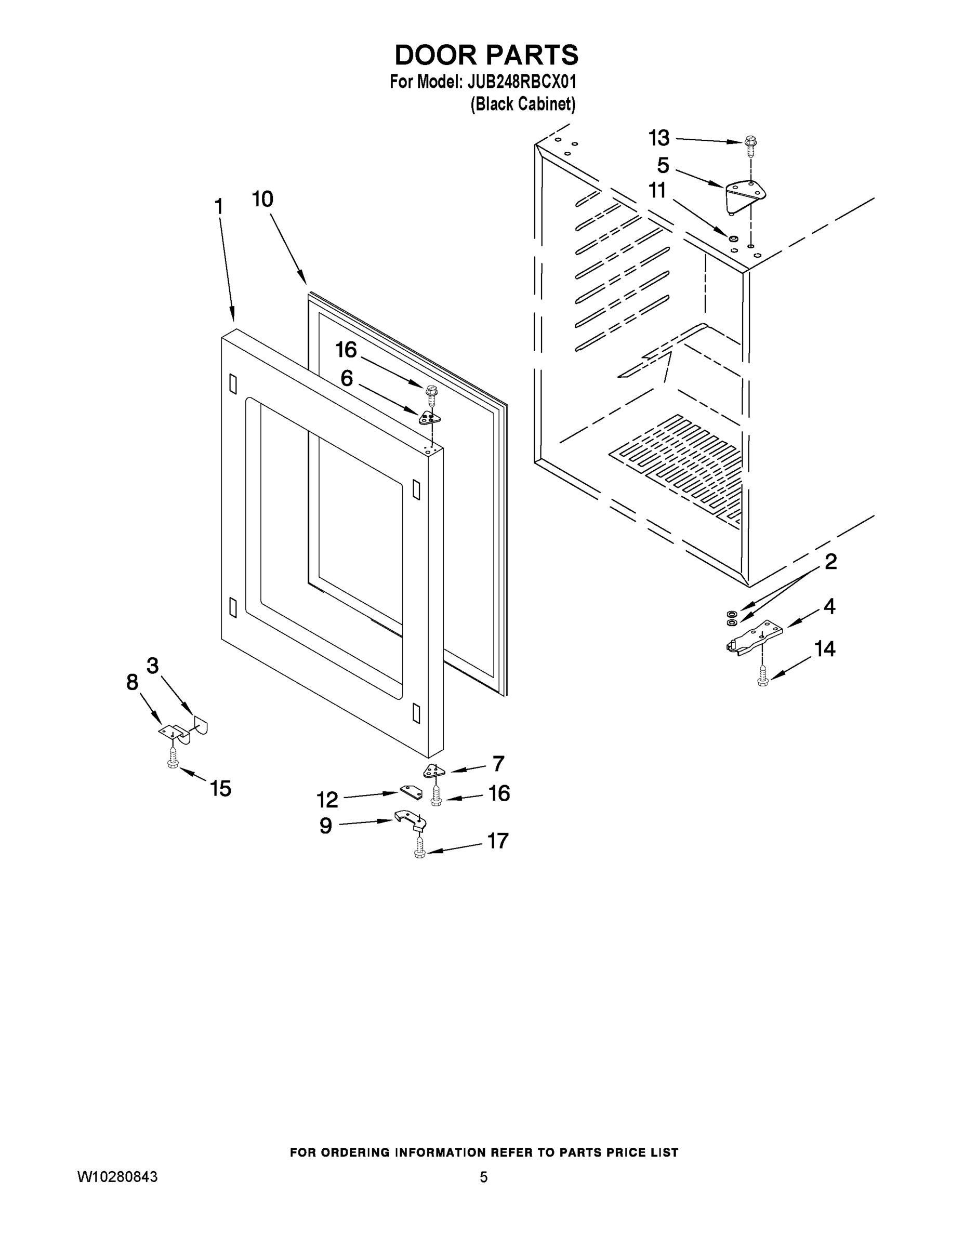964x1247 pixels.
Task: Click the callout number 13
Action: point(658,138)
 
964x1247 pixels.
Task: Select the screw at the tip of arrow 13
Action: point(749,145)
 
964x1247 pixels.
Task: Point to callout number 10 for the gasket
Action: point(263,200)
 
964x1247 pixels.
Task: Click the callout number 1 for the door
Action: point(218,206)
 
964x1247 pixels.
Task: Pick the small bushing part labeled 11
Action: point(733,237)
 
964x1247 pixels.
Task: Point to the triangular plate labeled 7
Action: point(433,771)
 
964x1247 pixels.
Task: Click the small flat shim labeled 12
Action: point(411,792)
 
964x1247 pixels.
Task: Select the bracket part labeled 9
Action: point(411,819)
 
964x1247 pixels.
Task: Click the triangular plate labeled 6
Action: point(429,418)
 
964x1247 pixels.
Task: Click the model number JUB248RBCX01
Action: point(521,82)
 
